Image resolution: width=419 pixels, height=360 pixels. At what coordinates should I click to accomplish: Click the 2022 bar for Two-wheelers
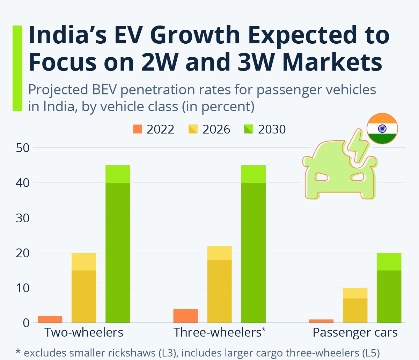tap(50, 319)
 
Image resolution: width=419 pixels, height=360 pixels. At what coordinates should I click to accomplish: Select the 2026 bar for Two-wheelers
tap(84, 288)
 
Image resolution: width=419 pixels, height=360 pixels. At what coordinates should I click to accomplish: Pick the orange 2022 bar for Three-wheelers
tap(185, 316)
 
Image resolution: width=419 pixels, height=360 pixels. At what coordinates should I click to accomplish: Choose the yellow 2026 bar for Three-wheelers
tap(219, 285)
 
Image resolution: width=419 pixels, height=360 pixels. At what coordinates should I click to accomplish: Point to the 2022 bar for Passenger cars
tap(321, 321)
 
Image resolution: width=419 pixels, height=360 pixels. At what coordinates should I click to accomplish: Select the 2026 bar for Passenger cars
tap(355, 305)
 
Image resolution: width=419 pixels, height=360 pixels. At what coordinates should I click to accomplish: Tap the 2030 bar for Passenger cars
tap(389, 288)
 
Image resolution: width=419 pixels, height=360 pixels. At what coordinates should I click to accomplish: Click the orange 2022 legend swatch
tap(138, 129)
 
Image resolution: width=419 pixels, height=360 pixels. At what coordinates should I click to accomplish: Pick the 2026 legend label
tap(216, 129)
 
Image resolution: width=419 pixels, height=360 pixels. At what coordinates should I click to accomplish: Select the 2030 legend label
tap(272, 129)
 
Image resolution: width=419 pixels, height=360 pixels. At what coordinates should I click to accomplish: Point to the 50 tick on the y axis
tap(23, 148)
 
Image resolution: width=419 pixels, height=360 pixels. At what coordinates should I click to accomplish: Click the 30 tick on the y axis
tap(23, 218)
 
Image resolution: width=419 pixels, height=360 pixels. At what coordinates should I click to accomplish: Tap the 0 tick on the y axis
tap(26, 323)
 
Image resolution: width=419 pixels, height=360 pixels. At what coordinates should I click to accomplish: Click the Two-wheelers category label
tap(84, 332)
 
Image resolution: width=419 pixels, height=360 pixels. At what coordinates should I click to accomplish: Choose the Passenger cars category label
tap(355, 332)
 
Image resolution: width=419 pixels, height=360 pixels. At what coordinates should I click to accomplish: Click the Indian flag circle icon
tap(382, 129)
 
